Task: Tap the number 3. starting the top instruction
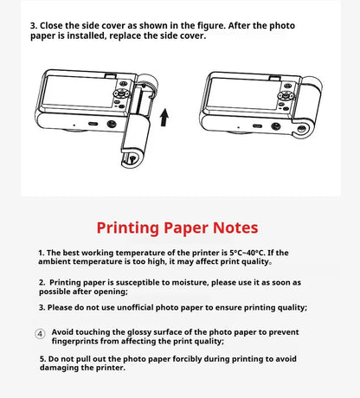tap(35, 24)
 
